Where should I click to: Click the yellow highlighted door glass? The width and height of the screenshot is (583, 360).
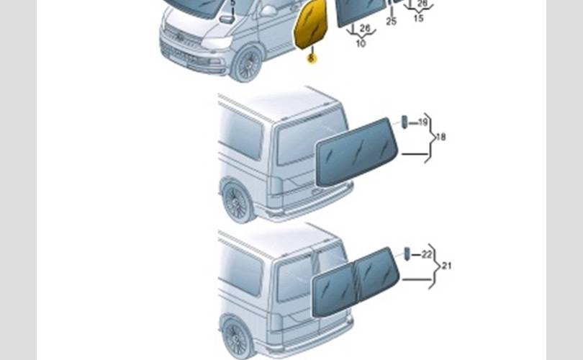[x=311, y=26]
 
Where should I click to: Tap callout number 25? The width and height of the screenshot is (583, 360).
[x=391, y=22]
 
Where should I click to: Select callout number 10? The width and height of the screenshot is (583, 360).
[x=361, y=43]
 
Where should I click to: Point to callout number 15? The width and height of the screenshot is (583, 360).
[x=418, y=18]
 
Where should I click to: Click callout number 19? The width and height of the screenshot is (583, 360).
[x=423, y=123]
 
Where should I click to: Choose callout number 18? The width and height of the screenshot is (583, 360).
[x=440, y=137]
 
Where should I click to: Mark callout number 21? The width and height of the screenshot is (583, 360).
[x=446, y=266]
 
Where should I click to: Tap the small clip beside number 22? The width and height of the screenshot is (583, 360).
[x=407, y=253]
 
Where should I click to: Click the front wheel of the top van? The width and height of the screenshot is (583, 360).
[x=248, y=63]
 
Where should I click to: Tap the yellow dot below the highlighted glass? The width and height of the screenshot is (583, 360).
[x=311, y=58]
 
